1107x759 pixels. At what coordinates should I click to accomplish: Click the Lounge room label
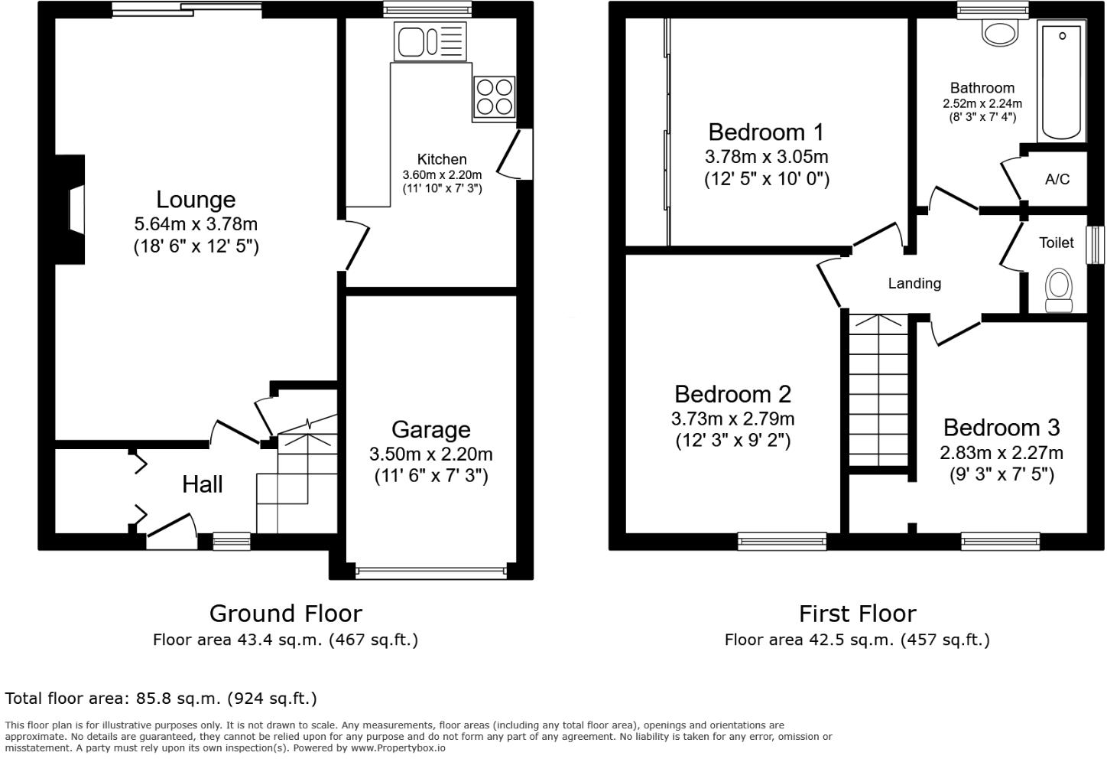click(x=196, y=200)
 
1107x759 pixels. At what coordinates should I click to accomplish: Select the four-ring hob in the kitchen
click(x=494, y=96)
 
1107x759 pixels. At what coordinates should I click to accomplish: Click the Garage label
click(x=430, y=429)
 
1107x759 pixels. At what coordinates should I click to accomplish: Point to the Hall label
click(x=203, y=484)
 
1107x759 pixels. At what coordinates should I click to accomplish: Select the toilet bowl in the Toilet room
click(x=1059, y=288)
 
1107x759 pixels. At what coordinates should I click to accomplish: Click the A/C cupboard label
click(x=1057, y=180)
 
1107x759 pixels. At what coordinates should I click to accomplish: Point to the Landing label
click(x=914, y=284)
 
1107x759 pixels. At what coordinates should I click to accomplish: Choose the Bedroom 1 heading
click(x=766, y=132)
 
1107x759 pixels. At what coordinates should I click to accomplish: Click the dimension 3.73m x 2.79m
click(x=732, y=419)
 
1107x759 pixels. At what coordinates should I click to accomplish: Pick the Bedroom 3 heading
click(x=1001, y=427)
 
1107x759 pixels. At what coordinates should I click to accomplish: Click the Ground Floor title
click(x=285, y=614)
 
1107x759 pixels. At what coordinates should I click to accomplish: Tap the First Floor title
click(x=857, y=614)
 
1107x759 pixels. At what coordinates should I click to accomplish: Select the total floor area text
click(x=161, y=698)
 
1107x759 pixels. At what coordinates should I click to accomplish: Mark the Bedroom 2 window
click(x=782, y=542)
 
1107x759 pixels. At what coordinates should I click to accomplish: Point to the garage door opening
click(x=431, y=570)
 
